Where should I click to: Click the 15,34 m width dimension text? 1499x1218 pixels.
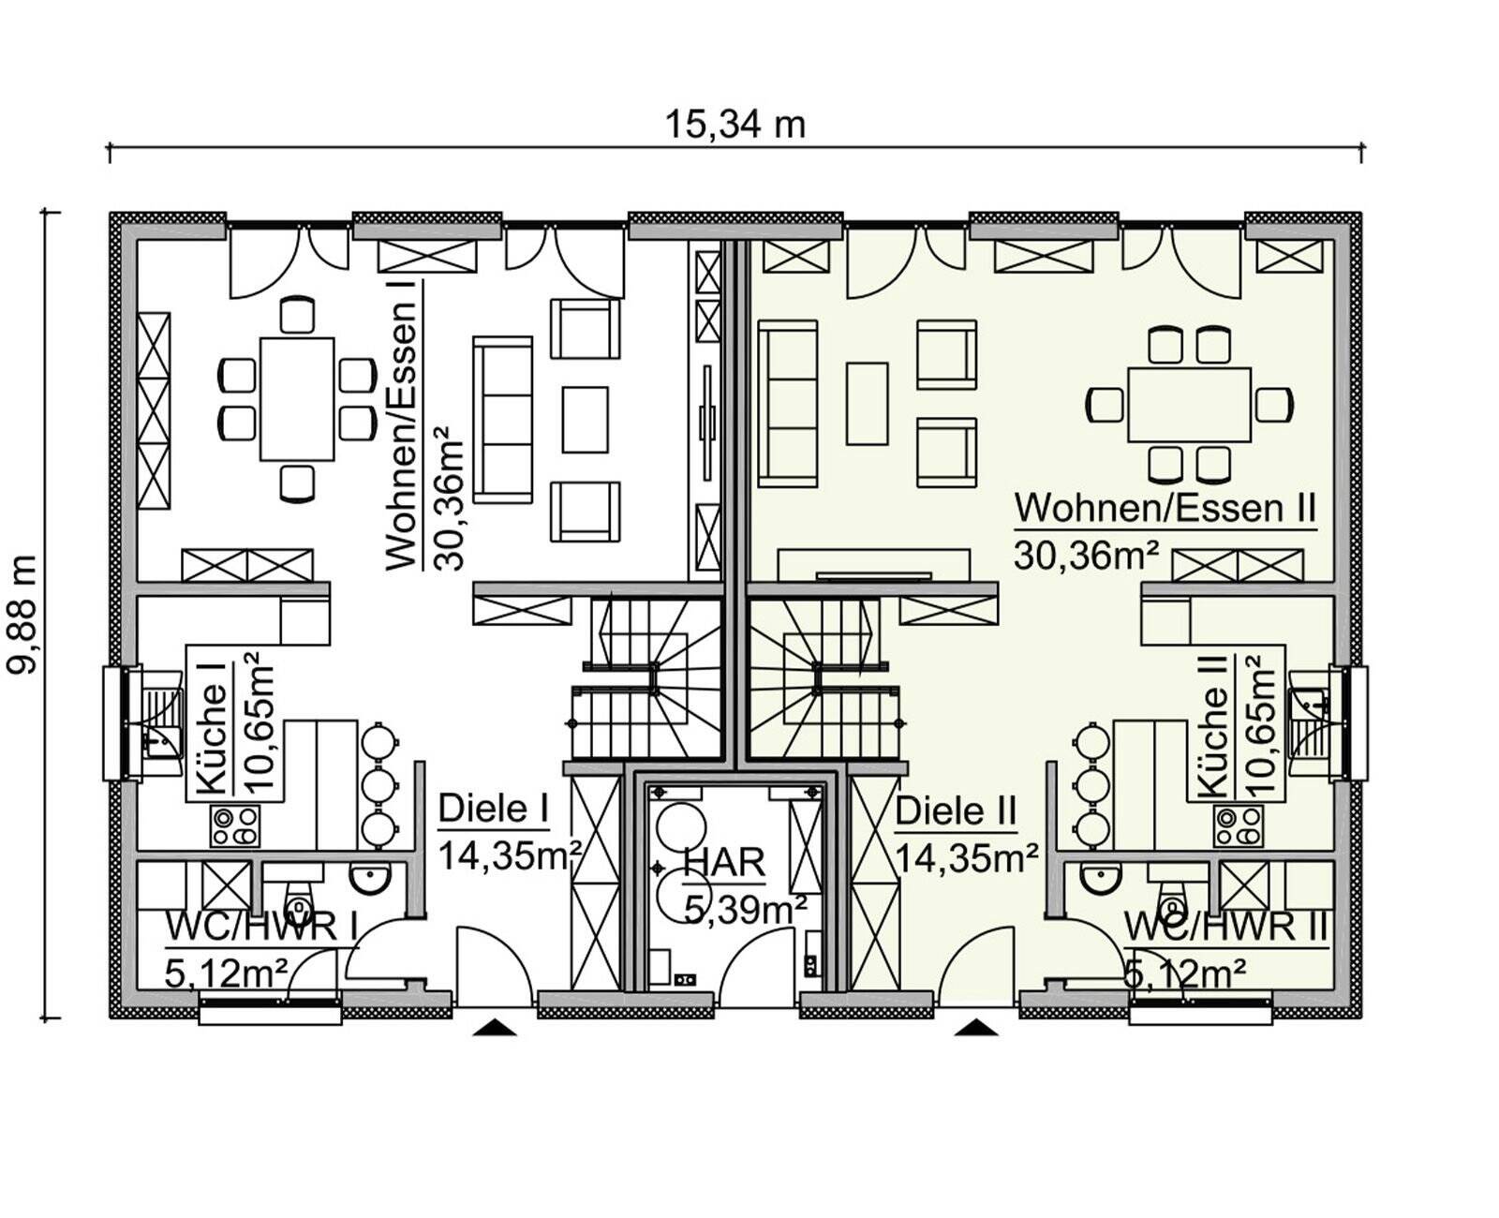coord(735,126)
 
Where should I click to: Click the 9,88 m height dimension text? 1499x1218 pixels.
coord(22,615)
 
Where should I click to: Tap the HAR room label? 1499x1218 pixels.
coord(724,863)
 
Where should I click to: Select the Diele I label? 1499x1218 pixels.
coord(494,810)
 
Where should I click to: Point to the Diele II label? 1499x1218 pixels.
coord(956,811)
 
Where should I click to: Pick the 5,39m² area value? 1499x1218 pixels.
coord(745,910)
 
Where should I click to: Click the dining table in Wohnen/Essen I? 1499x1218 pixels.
coord(297,399)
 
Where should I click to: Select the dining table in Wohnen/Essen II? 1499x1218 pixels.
coord(1189,405)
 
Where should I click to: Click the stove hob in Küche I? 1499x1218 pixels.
coord(234,826)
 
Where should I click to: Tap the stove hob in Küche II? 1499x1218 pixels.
coord(1238,826)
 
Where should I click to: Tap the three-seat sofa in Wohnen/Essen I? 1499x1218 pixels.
coord(502,420)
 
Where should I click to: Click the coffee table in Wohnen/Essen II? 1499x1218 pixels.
coord(867,403)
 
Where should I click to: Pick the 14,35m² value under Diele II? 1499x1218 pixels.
coord(966,859)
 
